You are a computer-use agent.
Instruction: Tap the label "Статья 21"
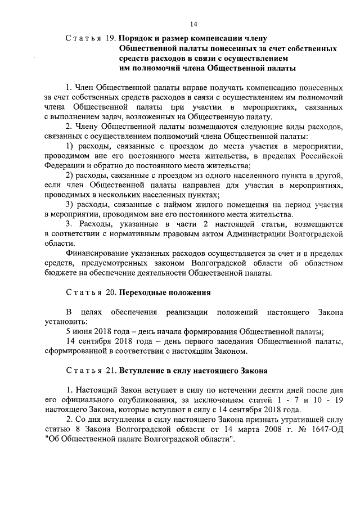click(x=90, y=371)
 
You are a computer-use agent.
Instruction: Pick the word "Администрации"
click(x=258, y=233)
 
